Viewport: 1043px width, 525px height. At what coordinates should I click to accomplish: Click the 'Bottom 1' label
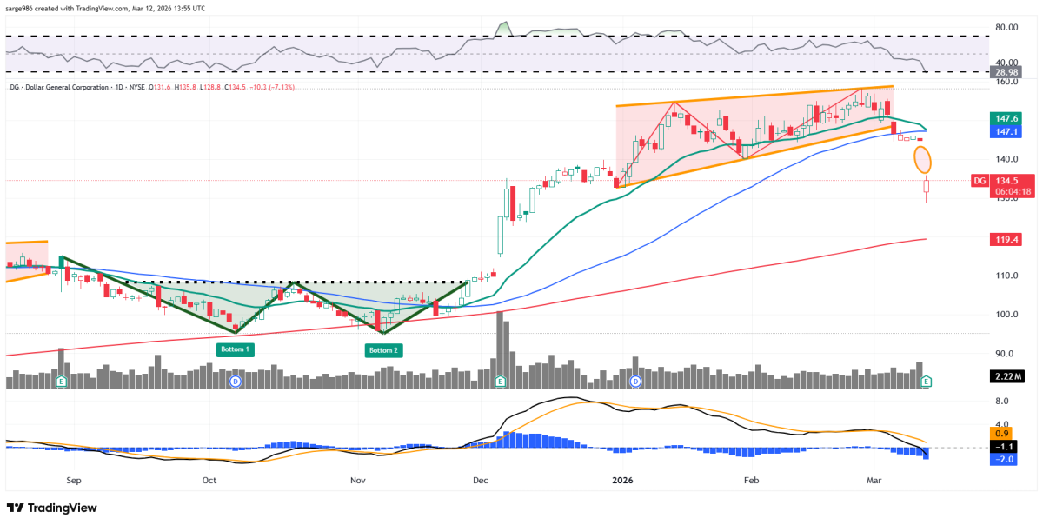click(235, 350)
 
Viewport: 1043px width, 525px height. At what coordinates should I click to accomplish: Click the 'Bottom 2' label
click(383, 350)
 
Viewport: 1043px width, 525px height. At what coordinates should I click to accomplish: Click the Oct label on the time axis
click(209, 480)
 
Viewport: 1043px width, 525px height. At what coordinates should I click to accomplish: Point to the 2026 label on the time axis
click(622, 480)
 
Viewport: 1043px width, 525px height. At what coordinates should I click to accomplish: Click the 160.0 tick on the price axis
click(1007, 83)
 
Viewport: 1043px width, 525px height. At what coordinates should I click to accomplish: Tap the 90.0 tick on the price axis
click(1007, 354)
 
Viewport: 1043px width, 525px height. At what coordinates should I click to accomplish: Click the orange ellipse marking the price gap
click(923, 160)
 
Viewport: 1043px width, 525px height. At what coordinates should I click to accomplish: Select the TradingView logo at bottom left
click(52, 508)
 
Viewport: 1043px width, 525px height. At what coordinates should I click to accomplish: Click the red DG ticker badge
click(978, 181)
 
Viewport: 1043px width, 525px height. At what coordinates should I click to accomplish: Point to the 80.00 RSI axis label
click(1006, 27)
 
